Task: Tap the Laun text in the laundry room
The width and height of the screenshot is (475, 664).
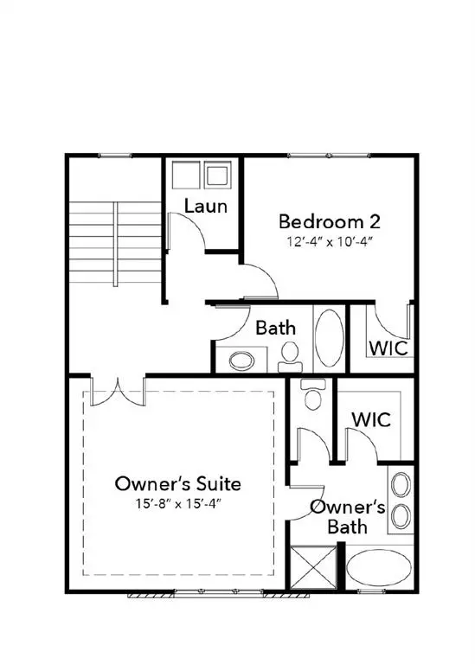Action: (207, 206)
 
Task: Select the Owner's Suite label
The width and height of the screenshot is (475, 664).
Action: (178, 483)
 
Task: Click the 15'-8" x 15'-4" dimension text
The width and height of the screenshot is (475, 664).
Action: (178, 503)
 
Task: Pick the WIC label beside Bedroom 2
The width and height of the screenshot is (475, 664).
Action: (388, 348)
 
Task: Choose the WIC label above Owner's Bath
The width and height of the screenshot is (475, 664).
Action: (370, 419)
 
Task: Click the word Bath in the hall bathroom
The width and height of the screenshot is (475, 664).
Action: (275, 328)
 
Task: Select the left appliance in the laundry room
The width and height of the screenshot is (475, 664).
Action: (184, 176)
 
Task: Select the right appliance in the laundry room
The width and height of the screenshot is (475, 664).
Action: (216, 176)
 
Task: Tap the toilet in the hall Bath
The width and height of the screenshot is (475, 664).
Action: (291, 354)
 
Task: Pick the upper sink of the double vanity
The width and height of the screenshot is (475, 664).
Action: (401, 485)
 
